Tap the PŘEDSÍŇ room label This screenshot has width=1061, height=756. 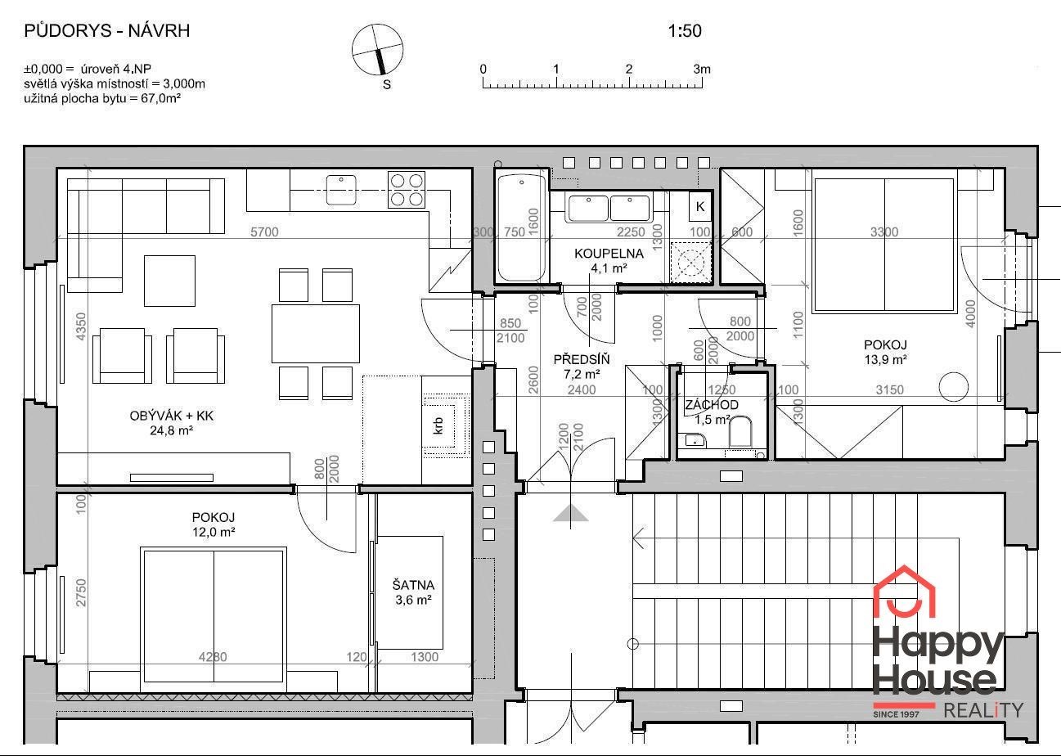(582, 359)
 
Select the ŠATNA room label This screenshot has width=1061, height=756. (413, 585)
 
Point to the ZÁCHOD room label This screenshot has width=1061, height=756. (712, 405)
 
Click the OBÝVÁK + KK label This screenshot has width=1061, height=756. (172, 416)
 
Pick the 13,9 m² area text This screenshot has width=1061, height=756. (885, 360)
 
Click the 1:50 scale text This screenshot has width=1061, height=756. (685, 31)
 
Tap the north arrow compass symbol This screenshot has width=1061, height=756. (377, 50)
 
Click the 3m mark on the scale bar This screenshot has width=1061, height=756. (702, 70)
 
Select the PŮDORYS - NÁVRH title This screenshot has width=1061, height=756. (107, 31)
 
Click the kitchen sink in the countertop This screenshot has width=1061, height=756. (341, 190)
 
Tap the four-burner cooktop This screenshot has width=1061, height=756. (407, 190)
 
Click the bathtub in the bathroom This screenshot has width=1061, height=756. (521, 227)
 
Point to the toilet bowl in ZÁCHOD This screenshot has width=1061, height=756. (740, 431)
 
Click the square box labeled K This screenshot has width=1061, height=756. (700, 206)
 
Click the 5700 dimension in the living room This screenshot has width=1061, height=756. (264, 232)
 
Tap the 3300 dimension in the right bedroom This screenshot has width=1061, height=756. (884, 232)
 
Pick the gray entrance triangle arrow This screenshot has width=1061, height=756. (571, 513)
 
